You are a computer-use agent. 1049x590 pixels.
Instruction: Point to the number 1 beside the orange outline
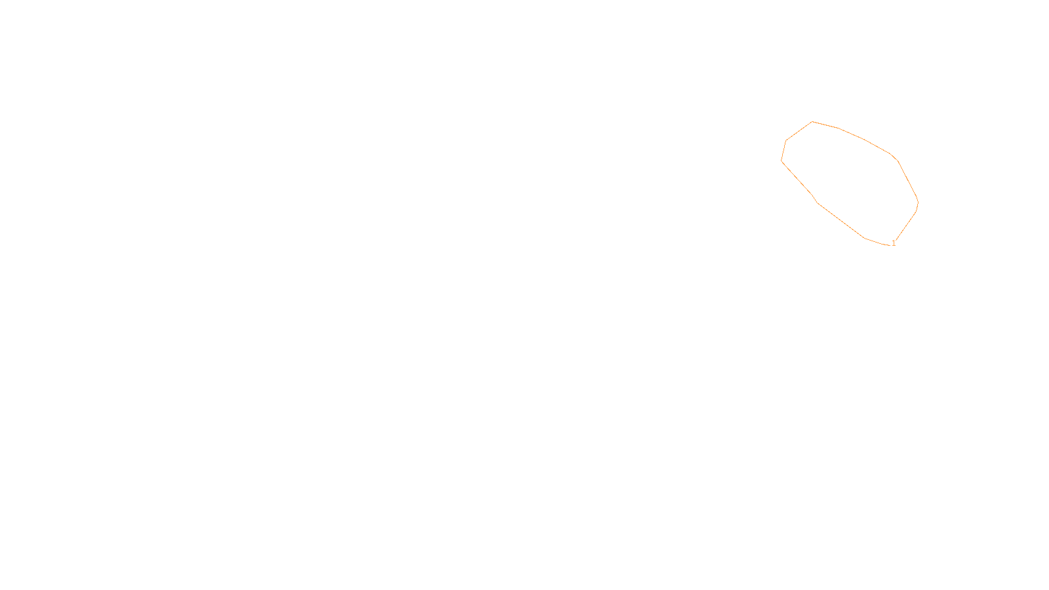pos(894,243)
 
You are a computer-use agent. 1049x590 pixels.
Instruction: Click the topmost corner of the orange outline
pos(812,122)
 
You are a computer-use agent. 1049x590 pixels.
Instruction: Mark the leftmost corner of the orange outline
pos(782,161)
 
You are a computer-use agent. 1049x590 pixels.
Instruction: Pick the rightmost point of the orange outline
pos(918,202)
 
